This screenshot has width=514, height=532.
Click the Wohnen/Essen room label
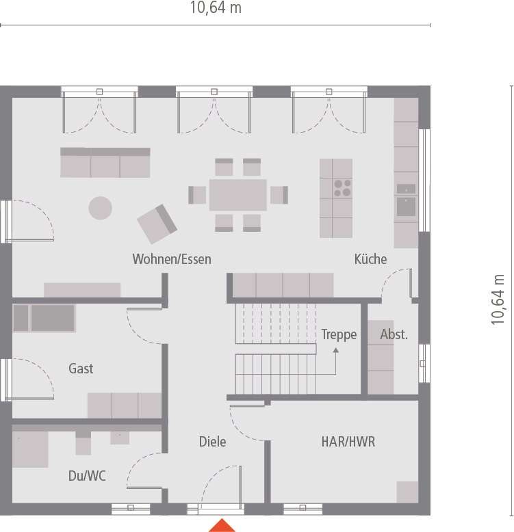[x=172, y=259]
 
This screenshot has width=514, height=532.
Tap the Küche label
[x=370, y=259]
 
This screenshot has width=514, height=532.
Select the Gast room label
[x=81, y=369]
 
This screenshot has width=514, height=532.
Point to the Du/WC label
[x=87, y=476]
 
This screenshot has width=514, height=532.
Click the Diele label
[x=213, y=442]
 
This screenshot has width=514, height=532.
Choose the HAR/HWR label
[x=348, y=442]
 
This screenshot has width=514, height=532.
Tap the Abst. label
[x=394, y=334]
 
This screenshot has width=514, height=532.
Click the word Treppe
[x=339, y=334]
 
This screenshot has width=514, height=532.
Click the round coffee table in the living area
[x=100, y=208]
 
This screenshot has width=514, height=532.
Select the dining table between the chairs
[x=238, y=195]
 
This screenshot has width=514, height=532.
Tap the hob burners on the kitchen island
[x=342, y=188]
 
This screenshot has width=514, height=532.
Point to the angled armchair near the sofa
[x=157, y=224]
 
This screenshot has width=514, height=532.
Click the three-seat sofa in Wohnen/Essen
[x=105, y=163]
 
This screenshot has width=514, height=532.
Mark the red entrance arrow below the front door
[x=222, y=525]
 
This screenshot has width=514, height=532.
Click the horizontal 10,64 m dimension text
[x=216, y=8]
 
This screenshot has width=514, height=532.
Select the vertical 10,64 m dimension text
[x=498, y=300]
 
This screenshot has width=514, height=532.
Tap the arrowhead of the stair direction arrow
[x=336, y=351]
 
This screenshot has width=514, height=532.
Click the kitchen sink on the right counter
[x=406, y=207]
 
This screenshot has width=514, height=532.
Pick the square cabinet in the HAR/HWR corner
[x=407, y=492]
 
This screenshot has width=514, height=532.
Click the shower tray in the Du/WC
[x=30, y=449]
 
